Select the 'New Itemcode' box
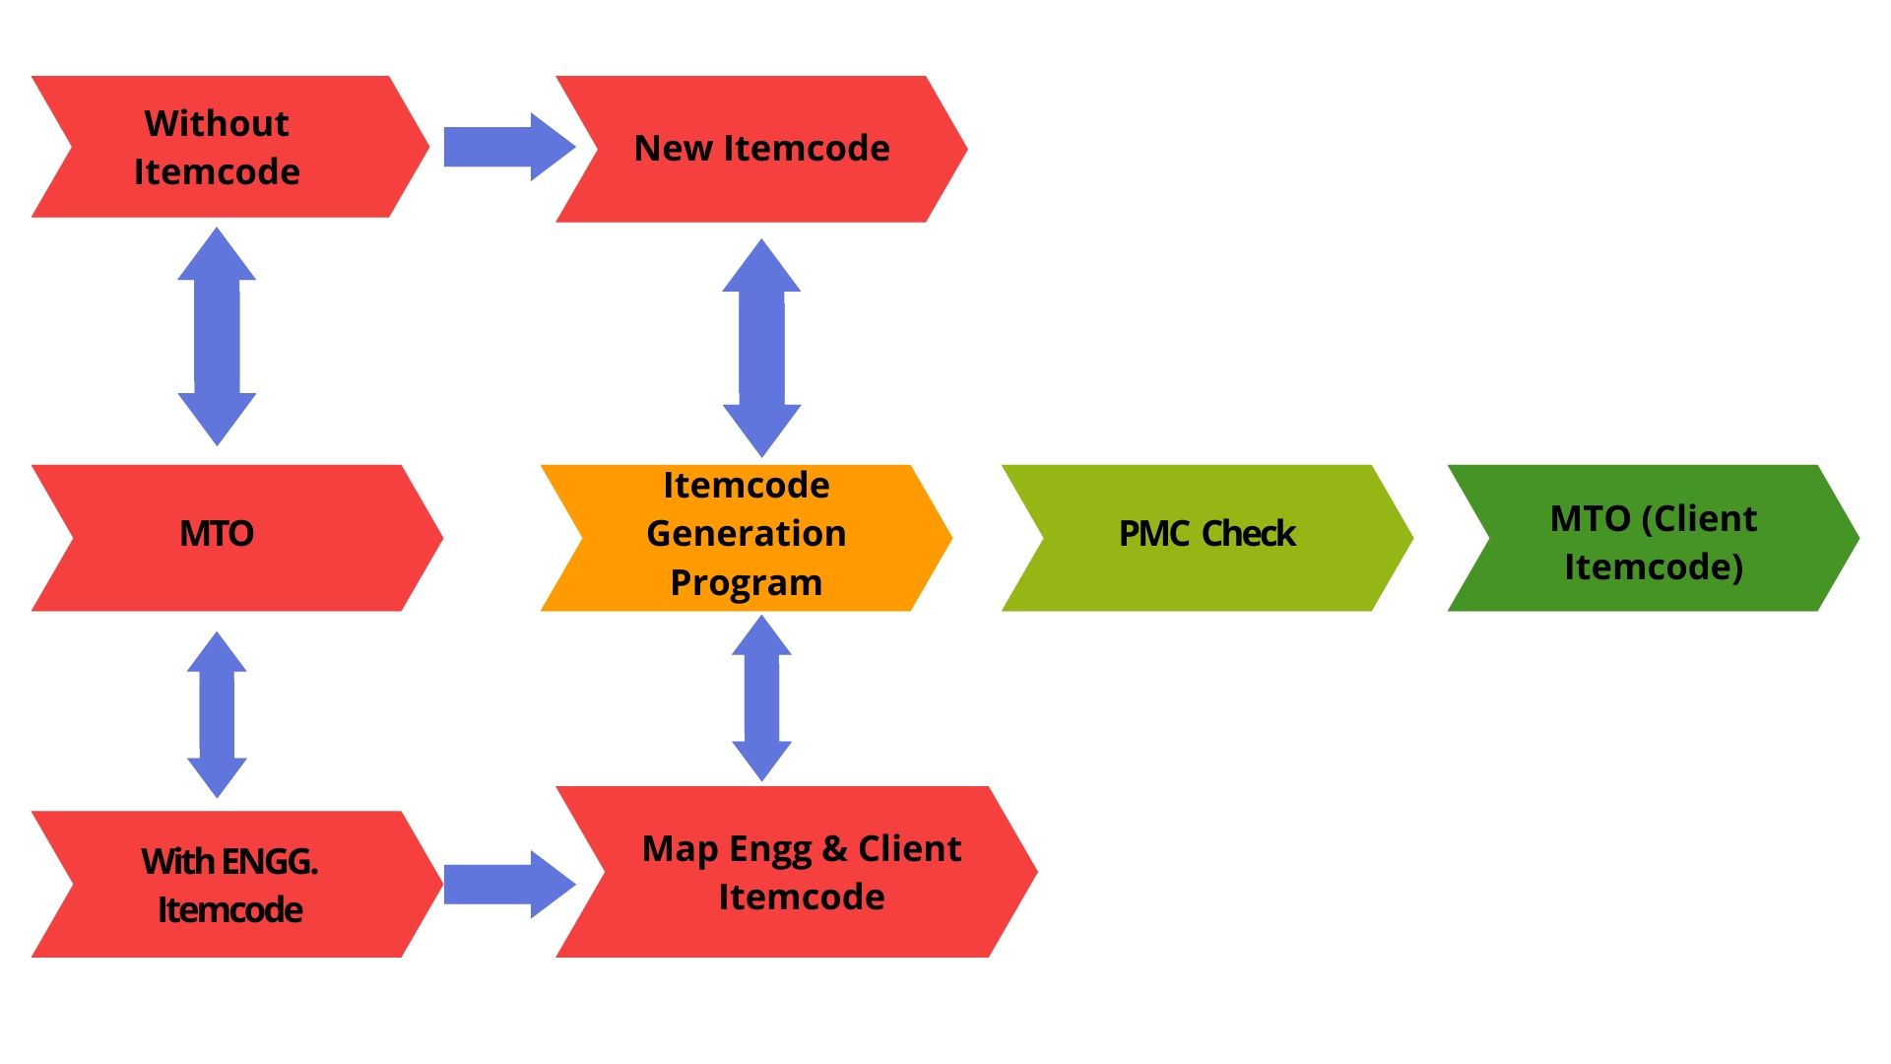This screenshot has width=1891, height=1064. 761,149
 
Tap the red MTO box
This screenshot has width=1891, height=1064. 236,538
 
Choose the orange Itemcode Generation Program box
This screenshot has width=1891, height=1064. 746,538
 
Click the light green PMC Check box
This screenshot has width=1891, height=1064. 1207,538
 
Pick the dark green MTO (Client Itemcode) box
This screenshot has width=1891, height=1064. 1654,538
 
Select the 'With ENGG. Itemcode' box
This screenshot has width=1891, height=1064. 236,884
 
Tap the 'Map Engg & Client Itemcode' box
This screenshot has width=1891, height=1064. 796,872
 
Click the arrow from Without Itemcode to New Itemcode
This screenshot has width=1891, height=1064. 509,147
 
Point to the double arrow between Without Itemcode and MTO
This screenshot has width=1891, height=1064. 217,337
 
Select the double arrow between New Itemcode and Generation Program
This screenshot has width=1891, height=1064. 761,348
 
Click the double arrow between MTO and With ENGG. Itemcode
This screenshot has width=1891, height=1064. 217,715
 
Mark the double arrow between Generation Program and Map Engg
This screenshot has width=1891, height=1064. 761,698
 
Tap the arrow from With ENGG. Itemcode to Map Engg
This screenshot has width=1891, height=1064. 509,884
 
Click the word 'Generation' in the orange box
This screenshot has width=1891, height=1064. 746,533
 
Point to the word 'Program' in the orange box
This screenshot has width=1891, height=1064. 746,583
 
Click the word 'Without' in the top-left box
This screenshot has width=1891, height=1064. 217,123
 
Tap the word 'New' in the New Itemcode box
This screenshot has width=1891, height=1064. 674,148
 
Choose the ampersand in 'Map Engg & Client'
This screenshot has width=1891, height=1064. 834,848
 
